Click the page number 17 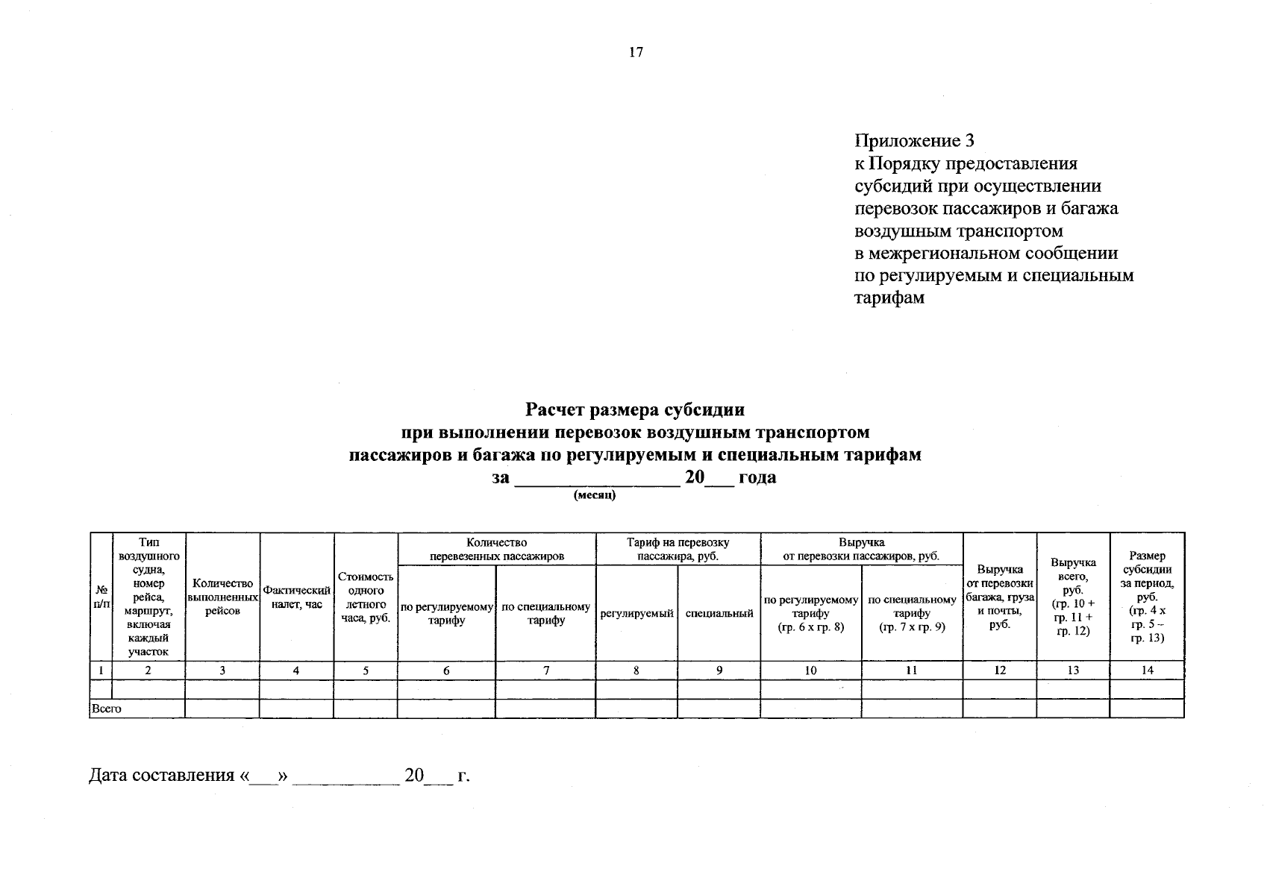click(x=636, y=52)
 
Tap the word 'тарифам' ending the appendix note click(x=889, y=298)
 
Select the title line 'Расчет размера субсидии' click(x=635, y=409)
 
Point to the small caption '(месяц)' click(x=595, y=495)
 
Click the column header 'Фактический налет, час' click(x=296, y=597)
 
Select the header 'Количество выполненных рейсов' click(x=222, y=597)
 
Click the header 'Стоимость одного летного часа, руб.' click(x=366, y=597)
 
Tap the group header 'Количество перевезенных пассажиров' click(x=496, y=549)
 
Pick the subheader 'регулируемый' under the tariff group click(x=636, y=613)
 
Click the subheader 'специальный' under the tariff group click(x=719, y=613)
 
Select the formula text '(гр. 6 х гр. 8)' click(x=810, y=627)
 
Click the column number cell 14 click(x=1147, y=671)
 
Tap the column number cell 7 click(x=545, y=671)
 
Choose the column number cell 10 click(x=810, y=671)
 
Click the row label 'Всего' click(x=105, y=709)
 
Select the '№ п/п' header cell click(x=101, y=597)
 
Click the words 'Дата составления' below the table click(x=161, y=776)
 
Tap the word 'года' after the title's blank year click(x=757, y=477)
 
